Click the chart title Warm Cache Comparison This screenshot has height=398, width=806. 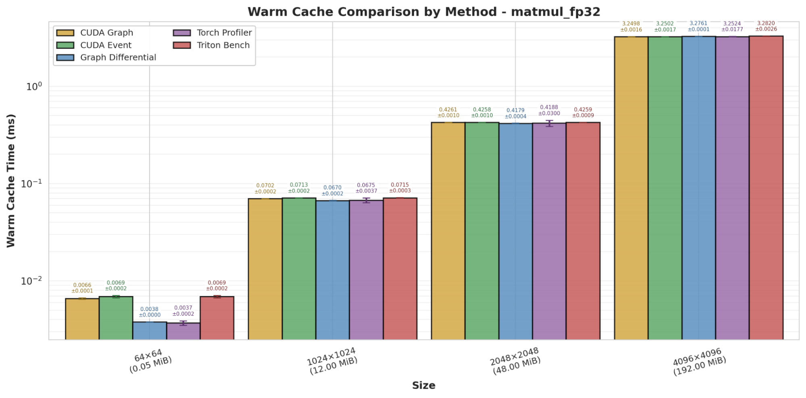tap(424, 12)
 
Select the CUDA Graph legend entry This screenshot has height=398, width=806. tap(106, 33)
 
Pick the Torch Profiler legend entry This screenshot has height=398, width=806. tap(224, 33)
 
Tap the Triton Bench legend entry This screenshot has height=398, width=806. tap(223, 45)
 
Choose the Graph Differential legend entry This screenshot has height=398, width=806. tap(118, 58)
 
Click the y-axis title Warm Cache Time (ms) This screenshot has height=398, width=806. tap(11, 180)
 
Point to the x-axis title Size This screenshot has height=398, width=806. tap(423, 386)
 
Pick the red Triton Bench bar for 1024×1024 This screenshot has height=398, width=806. tap(400, 268)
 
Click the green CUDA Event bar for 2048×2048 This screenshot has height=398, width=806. tap(482, 230)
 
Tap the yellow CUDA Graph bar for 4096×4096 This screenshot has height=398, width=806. tap(631, 188)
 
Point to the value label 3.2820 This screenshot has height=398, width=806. tap(766, 23)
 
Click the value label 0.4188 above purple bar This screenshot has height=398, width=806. tap(549, 107)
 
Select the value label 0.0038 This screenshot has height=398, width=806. tap(150, 309)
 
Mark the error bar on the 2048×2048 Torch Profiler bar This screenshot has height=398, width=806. tap(549, 123)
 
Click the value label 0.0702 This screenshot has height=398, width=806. tap(265, 186)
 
